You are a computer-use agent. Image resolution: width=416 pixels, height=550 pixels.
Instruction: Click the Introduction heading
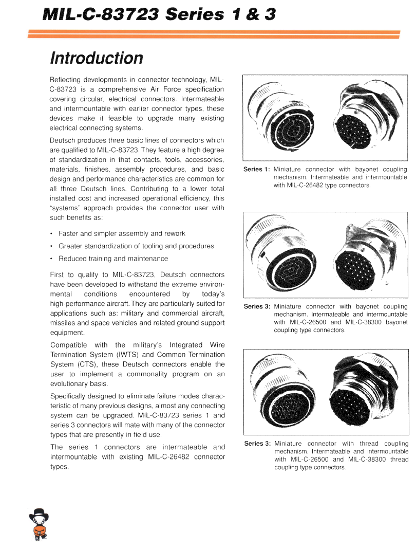pyautogui.click(x=96, y=58)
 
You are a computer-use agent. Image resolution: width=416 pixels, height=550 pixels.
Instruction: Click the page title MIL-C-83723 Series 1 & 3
pyautogui.click(x=160, y=14)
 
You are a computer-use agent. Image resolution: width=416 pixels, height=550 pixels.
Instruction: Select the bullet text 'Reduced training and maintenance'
pyautogui.click(x=113, y=259)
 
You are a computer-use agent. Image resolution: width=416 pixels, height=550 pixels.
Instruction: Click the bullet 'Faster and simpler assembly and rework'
pyautogui.click(x=122, y=233)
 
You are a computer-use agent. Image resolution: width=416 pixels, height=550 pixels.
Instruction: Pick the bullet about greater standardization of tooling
pyautogui.click(x=136, y=246)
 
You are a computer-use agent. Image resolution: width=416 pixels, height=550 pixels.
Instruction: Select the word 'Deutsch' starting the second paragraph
pyautogui.click(x=62, y=140)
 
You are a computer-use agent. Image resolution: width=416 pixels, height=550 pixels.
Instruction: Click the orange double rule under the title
pyautogui.click(x=214, y=34)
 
